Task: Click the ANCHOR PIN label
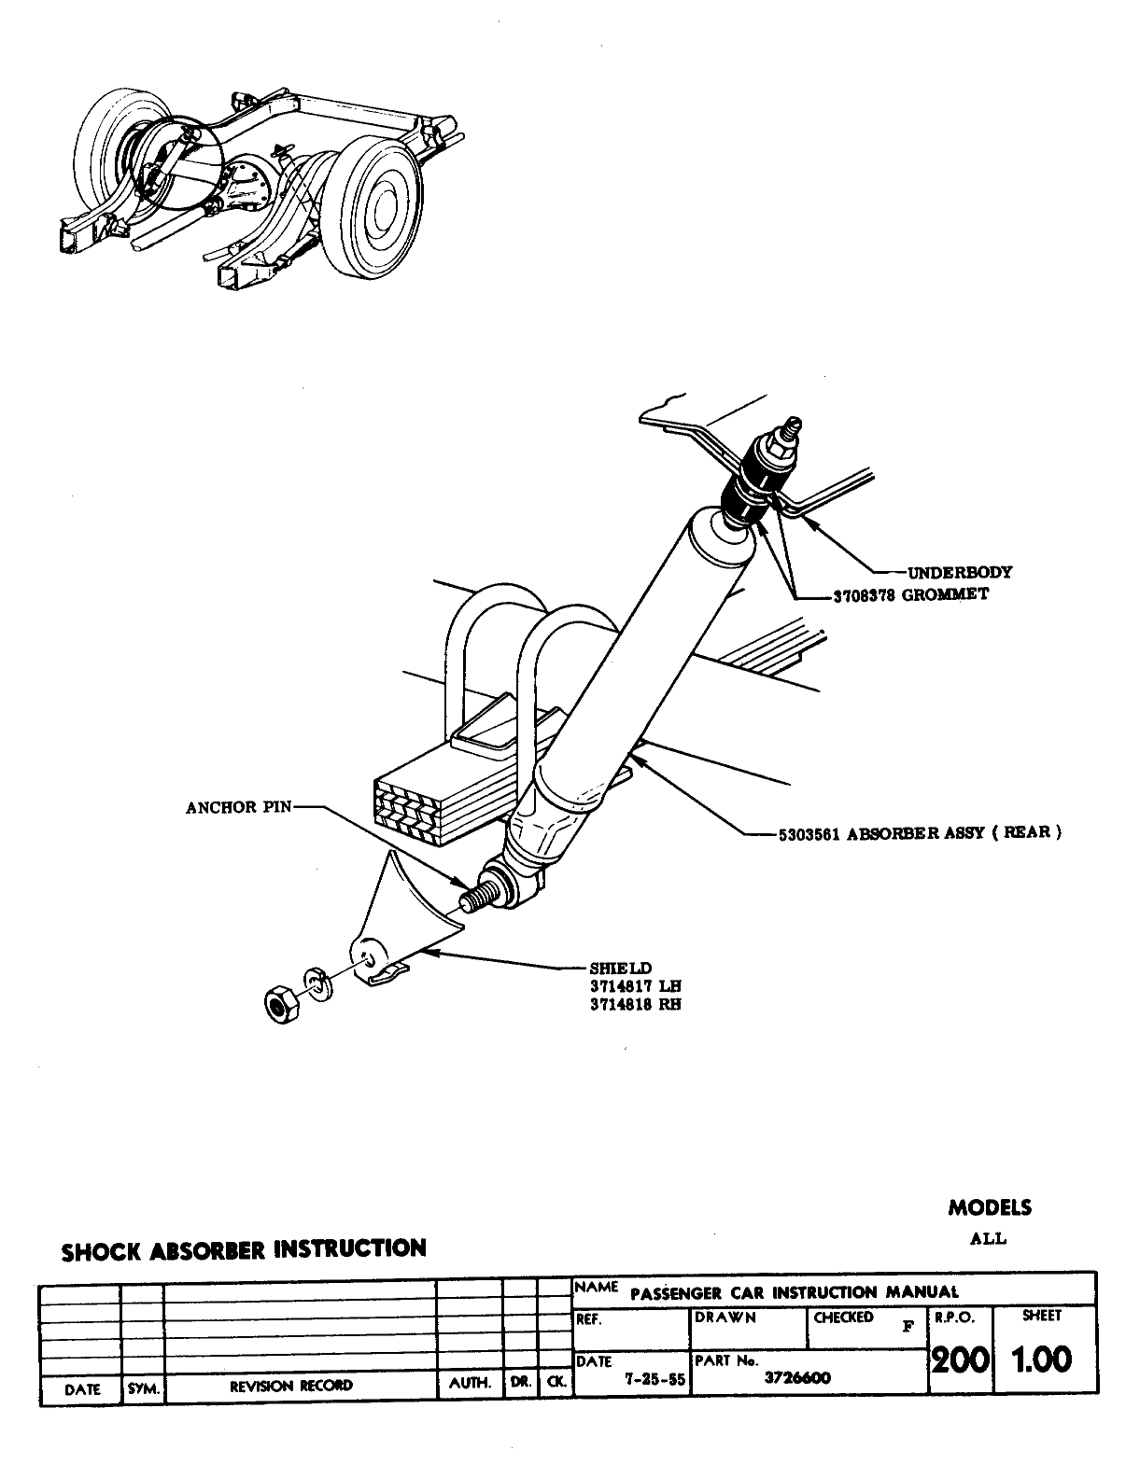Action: coord(239,807)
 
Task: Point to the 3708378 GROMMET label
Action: coord(909,594)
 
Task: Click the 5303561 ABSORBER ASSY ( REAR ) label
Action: coord(919,833)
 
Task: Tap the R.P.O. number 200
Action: coord(961,1360)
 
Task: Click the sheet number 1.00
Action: coord(1043,1360)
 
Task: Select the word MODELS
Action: coord(990,1207)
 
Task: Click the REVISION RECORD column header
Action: coord(291,1386)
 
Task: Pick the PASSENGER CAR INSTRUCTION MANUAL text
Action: coord(795,1293)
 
